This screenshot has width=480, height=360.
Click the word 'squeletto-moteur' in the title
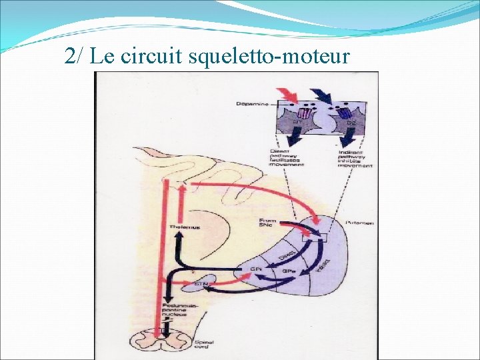click(269, 56)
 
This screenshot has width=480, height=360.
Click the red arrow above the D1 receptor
click(290, 95)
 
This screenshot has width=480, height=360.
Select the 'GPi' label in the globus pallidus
click(255, 269)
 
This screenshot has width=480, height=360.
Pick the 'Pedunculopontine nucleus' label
click(178, 311)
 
